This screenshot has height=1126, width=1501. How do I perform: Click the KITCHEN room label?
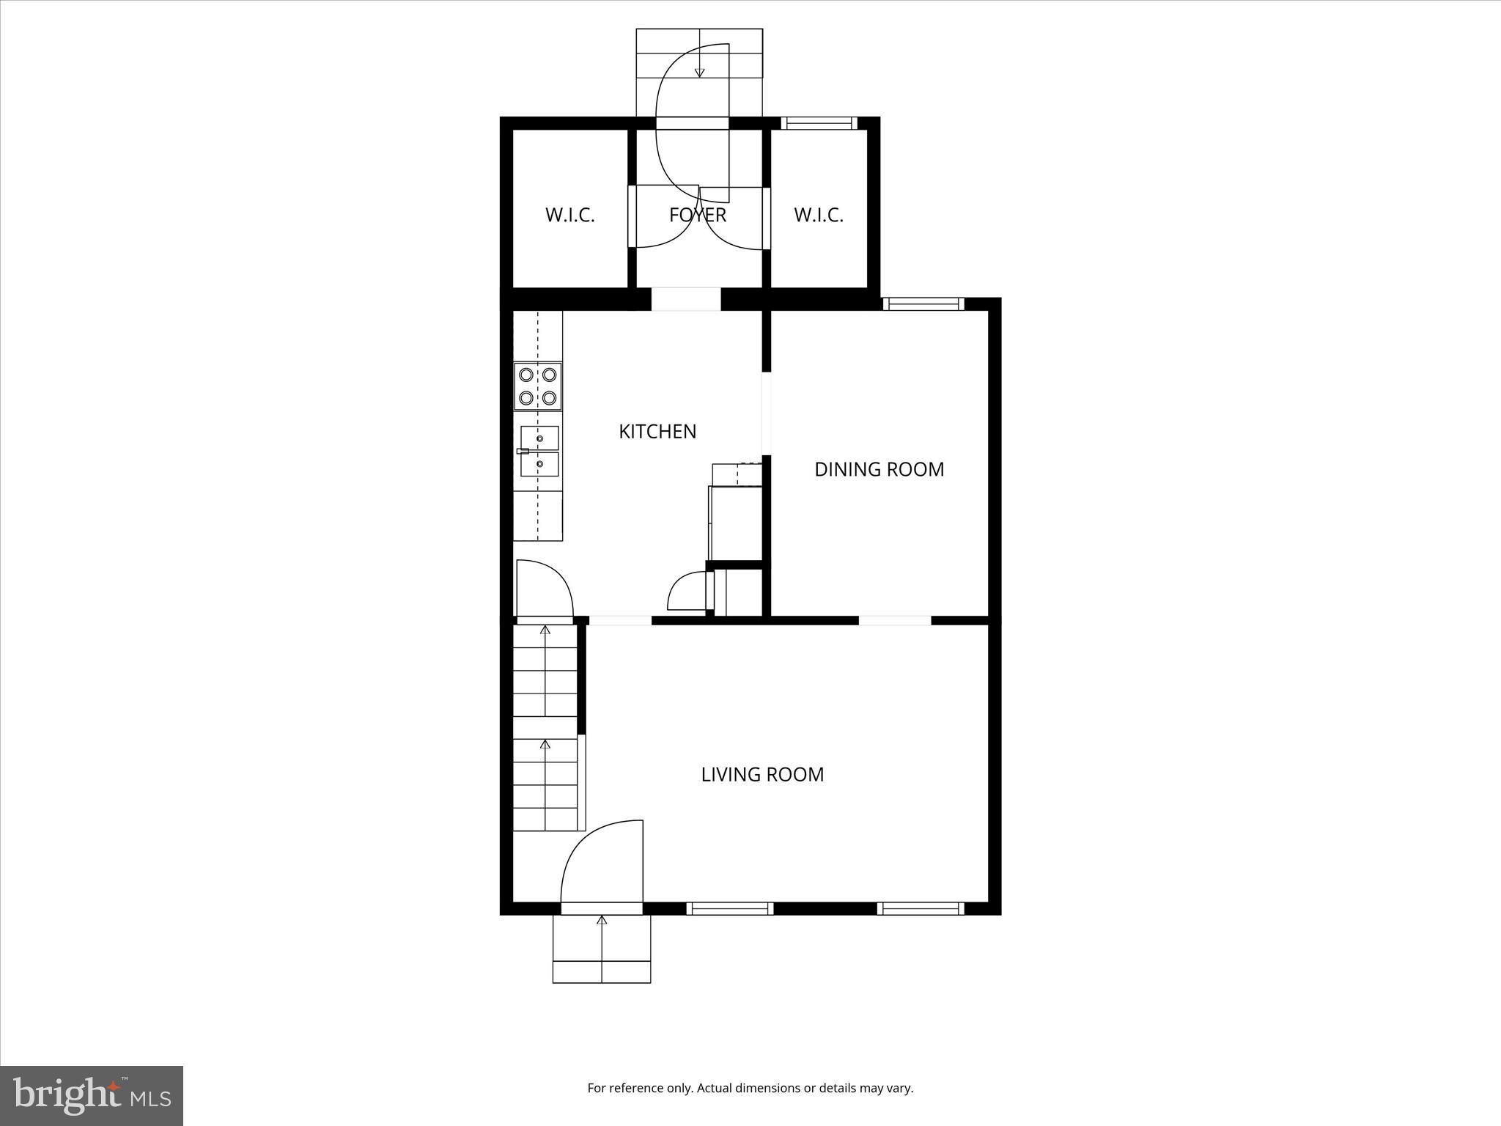(x=657, y=431)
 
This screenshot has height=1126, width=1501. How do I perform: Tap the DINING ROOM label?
(x=879, y=469)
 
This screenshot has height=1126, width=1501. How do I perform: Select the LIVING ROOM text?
(x=762, y=774)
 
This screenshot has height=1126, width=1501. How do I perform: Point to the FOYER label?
(x=697, y=215)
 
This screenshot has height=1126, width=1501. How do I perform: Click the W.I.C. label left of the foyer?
(x=569, y=215)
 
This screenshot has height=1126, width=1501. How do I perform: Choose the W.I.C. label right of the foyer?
(x=819, y=215)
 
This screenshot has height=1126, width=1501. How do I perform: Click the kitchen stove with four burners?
(x=538, y=386)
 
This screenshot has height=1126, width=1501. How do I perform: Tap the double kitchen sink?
(x=539, y=451)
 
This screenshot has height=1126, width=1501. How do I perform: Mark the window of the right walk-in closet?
(x=819, y=122)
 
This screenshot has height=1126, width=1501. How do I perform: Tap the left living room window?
(x=729, y=908)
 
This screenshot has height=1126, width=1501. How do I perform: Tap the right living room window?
(x=920, y=908)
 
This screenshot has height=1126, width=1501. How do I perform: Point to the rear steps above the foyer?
(x=699, y=55)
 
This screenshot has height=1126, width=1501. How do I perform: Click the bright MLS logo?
(x=92, y=1096)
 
